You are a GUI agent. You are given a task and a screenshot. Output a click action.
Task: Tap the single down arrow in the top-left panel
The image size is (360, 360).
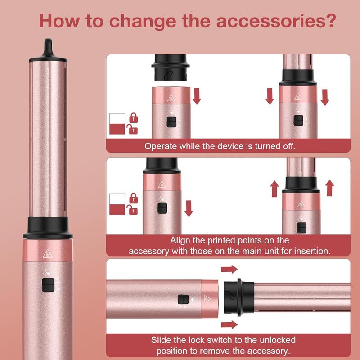point(196,95)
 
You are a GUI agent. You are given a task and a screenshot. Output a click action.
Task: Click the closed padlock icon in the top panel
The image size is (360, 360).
point(133,118)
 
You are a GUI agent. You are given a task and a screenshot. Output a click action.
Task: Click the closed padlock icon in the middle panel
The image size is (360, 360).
point(133,197)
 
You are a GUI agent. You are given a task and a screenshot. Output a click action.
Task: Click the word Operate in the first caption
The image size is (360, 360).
point(160,146)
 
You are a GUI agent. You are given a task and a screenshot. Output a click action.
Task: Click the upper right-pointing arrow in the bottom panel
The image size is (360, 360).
point(229,269)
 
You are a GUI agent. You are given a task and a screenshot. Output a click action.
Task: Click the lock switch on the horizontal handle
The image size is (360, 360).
point(182,300)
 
